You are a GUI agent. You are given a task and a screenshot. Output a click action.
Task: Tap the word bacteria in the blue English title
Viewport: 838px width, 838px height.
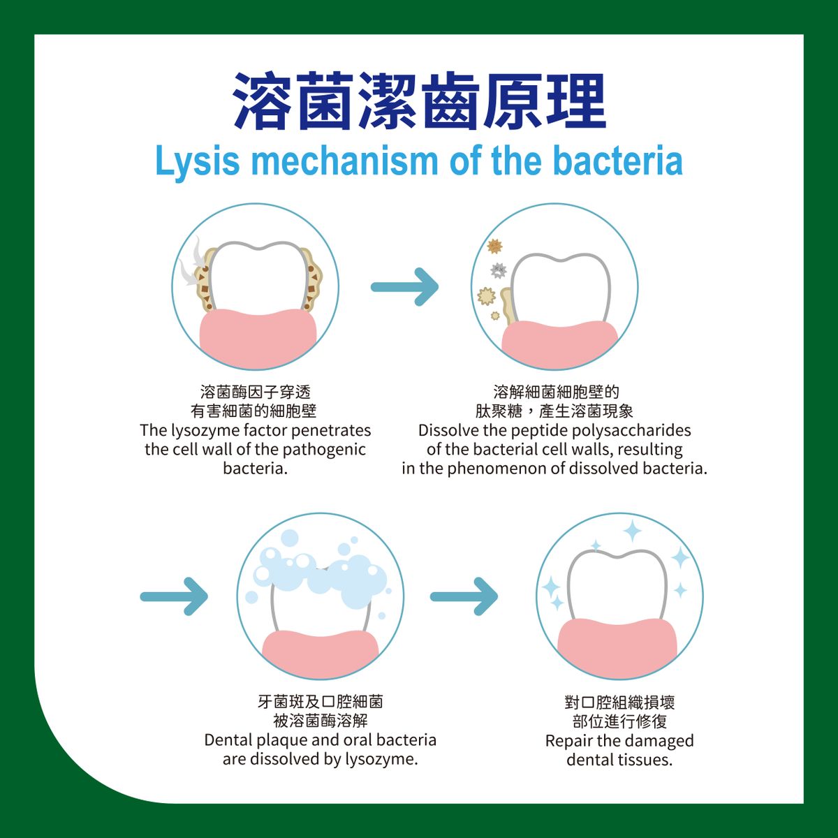(x=617, y=162)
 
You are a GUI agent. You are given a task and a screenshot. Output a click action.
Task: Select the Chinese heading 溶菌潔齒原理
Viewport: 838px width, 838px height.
(x=419, y=101)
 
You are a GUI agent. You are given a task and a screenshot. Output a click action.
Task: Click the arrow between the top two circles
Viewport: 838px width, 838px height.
(x=405, y=286)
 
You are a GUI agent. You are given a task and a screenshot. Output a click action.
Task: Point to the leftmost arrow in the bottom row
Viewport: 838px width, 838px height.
(x=175, y=596)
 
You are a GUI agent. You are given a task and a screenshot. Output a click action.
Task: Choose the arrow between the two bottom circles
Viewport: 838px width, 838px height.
(x=464, y=596)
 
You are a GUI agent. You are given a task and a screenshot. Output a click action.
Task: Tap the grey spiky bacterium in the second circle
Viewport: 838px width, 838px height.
(x=499, y=270)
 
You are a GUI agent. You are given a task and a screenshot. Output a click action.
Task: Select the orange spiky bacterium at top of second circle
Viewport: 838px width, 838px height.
(x=495, y=246)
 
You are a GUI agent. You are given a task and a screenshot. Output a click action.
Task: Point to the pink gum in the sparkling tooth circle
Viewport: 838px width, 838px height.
(x=619, y=646)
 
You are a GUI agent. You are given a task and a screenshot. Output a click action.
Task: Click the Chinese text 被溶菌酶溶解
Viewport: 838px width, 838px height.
(x=321, y=721)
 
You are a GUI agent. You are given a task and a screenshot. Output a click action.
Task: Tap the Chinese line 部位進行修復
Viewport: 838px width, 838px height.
(x=619, y=721)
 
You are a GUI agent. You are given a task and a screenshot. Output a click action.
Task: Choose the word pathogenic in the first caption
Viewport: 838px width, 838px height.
(x=325, y=449)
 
